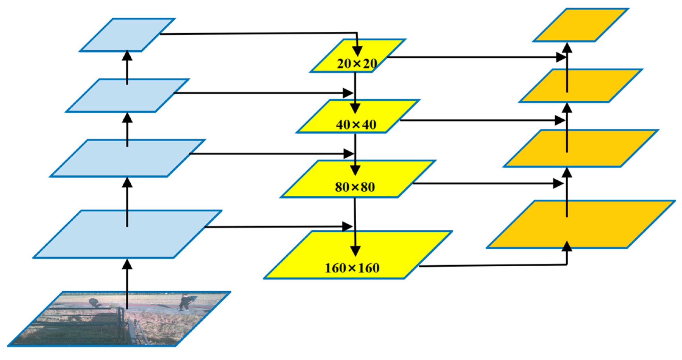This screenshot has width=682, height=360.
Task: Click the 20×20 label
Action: (357, 63)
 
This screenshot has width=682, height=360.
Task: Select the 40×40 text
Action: (356, 124)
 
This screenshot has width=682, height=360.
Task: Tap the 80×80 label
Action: (355, 187)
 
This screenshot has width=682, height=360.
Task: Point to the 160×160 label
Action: (352, 268)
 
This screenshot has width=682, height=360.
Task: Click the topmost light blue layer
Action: (127, 34)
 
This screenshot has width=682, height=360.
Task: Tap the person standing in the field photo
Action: (184, 302)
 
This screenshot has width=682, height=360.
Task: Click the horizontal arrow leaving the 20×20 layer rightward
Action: (473, 57)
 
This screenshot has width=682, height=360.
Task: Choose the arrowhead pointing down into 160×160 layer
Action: (355, 251)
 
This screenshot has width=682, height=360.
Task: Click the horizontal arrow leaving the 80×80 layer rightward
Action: (485, 183)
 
